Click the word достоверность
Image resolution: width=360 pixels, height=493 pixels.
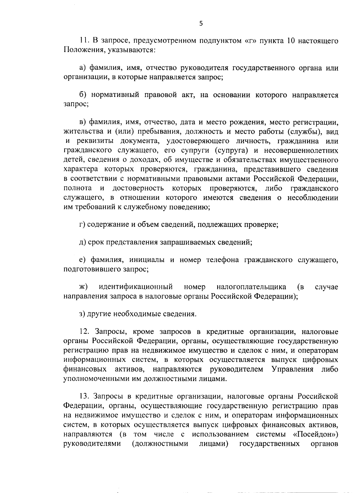(138, 188)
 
